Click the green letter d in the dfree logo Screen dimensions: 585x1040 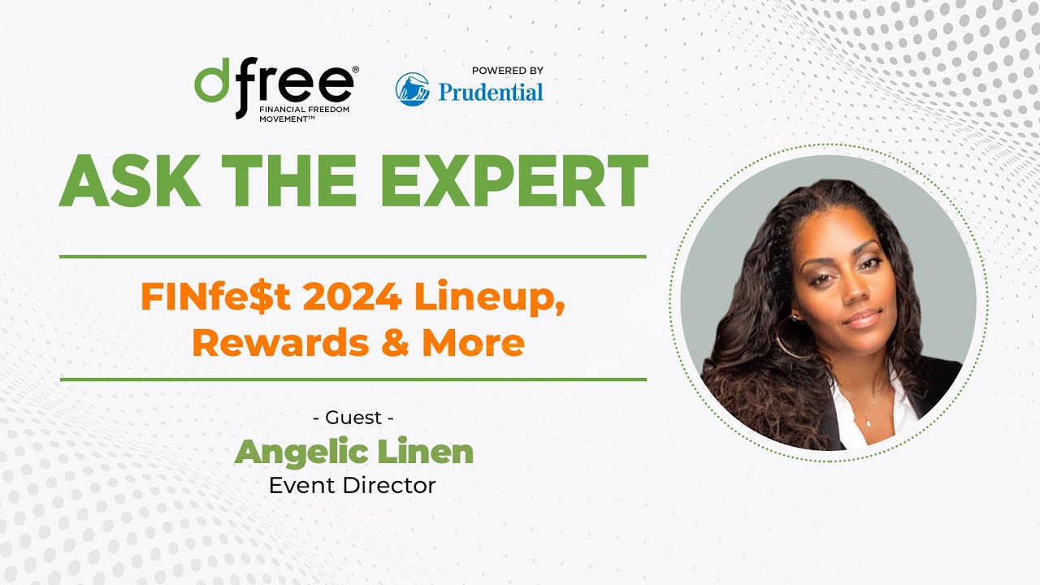click(x=213, y=84)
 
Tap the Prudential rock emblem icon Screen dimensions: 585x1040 click(x=413, y=89)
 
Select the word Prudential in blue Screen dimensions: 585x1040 click(x=491, y=92)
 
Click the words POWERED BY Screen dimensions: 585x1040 click(x=508, y=71)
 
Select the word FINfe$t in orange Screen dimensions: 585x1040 click(x=213, y=298)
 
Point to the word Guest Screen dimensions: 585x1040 click(x=353, y=418)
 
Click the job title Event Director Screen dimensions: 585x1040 click(x=353, y=485)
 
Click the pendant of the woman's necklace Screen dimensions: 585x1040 click(x=866, y=422)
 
